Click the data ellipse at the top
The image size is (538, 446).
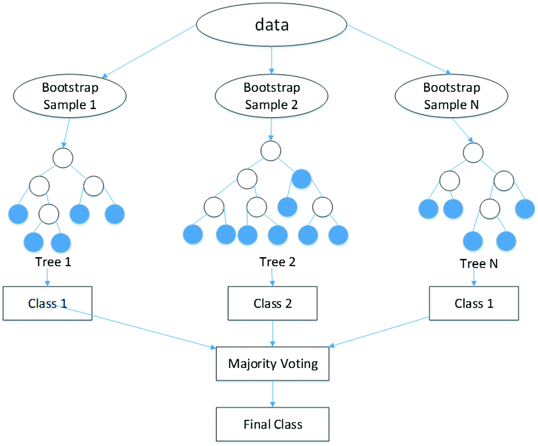pyautogui.click(x=271, y=25)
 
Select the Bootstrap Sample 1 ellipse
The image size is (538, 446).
pyautogui.click(x=70, y=96)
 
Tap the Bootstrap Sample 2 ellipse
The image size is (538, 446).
pyautogui.click(x=271, y=96)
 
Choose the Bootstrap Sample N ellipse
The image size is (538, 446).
pyautogui.click(x=451, y=96)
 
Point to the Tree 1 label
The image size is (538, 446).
pyautogui.click(x=53, y=262)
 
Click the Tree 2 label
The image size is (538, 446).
pyautogui.click(x=277, y=262)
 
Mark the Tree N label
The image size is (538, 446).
pyautogui.click(x=478, y=264)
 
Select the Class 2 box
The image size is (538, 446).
pyautogui.click(x=272, y=303)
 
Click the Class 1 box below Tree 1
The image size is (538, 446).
pyautogui.click(x=47, y=303)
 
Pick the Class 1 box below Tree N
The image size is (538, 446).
pyautogui.click(x=473, y=303)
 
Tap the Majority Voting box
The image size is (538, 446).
pyautogui.click(x=272, y=364)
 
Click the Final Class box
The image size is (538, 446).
pyautogui.click(x=272, y=425)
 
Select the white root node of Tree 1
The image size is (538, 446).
pyautogui.click(x=63, y=158)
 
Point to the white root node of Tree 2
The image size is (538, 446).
pyautogui.click(x=271, y=151)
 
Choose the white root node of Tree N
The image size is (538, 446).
pyautogui.click(x=473, y=153)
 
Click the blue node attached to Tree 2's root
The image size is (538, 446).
pyautogui.click(x=301, y=179)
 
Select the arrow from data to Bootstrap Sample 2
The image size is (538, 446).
pyautogui.click(x=271, y=60)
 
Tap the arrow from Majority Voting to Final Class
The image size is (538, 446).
pyautogui.click(x=272, y=394)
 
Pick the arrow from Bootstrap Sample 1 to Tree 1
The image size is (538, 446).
pyautogui.click(x=66, y=133)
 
